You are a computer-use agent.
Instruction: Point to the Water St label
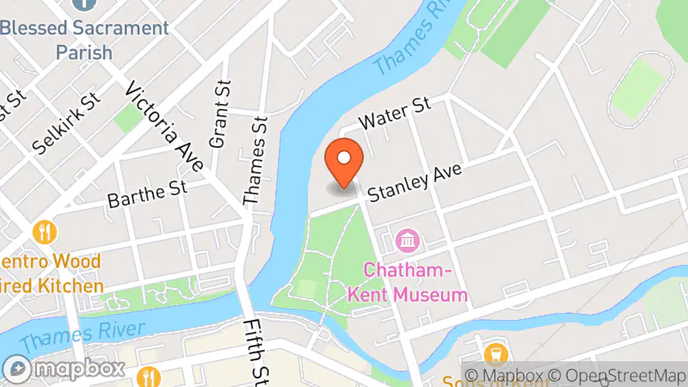click(394, 114)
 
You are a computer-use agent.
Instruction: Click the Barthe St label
click(147, 193)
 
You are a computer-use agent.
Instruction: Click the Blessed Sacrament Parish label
click(84, 40)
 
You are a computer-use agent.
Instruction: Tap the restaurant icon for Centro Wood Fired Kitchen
click(45, 232)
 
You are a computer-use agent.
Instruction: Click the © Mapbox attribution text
click(503, 375)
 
